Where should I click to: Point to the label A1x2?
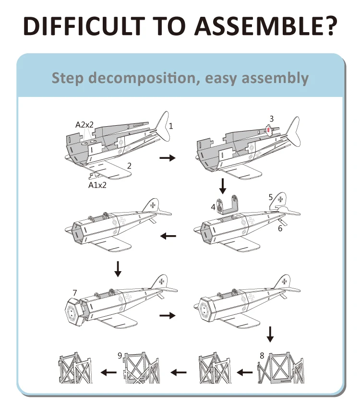[96, 184]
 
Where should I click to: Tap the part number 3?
[272, 119]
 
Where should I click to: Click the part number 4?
[213, 207]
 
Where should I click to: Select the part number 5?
[271, 197]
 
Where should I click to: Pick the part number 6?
[280, 228]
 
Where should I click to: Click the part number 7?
[74, 292]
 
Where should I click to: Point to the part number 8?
[262, 356]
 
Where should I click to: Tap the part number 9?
[120, 356]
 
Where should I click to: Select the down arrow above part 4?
[223, 184]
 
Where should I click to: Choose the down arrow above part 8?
[270, 334]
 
